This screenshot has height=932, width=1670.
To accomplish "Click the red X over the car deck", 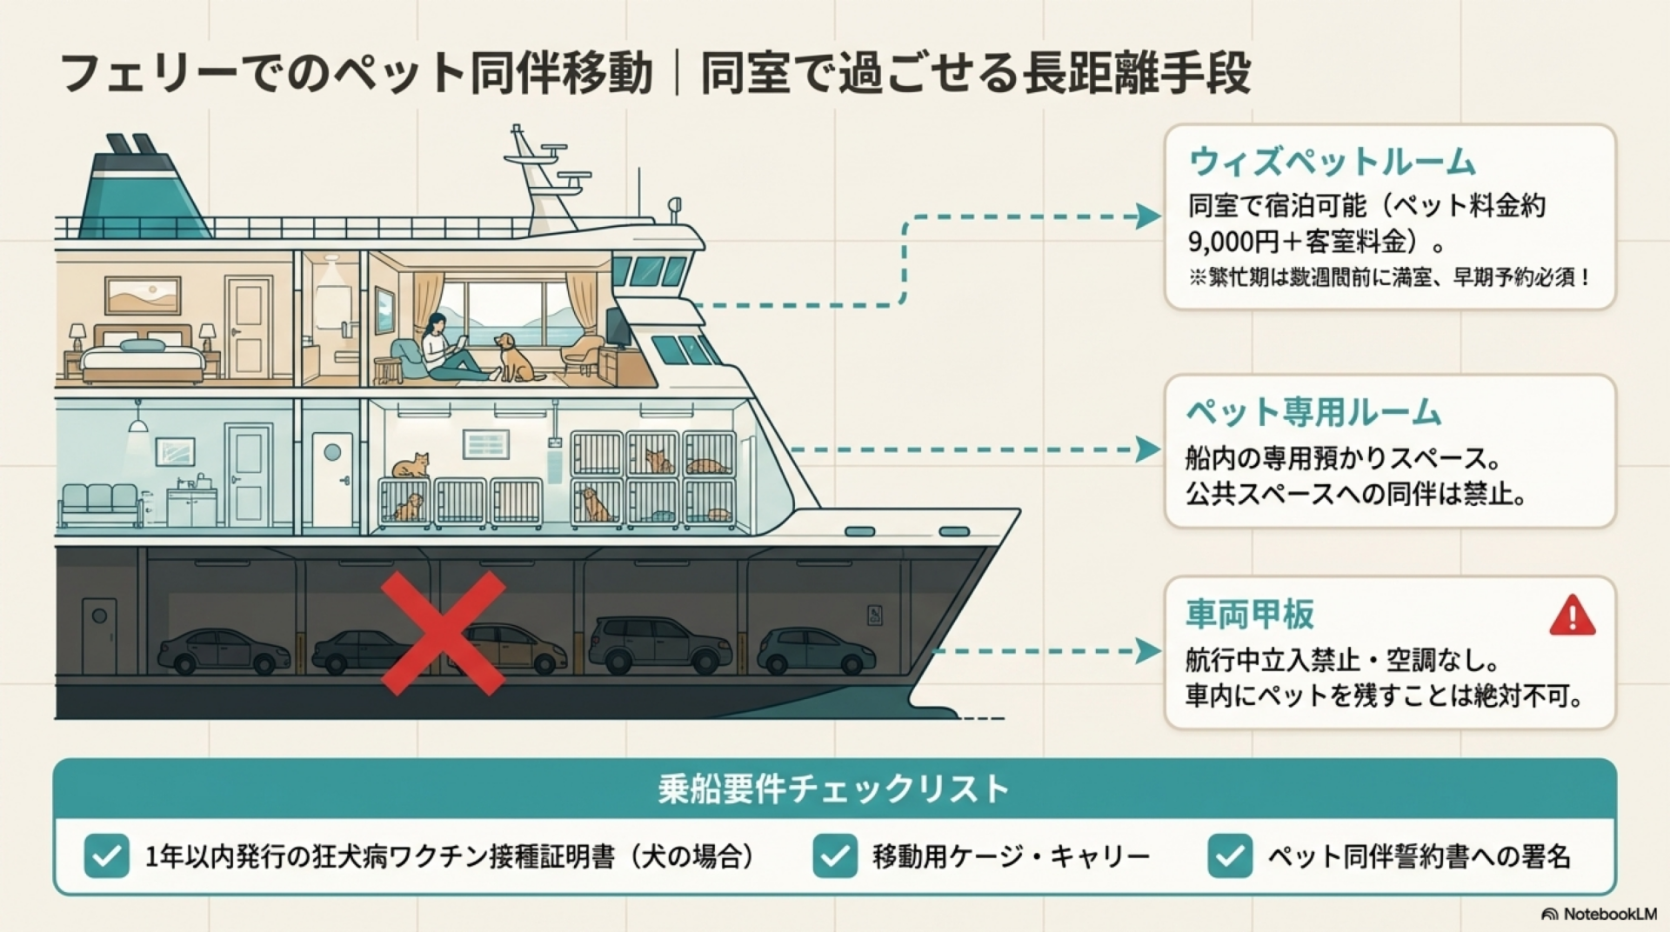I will (443, 632).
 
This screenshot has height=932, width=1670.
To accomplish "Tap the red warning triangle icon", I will (1572, 616).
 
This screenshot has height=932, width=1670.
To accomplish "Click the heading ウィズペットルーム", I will (1332, 162).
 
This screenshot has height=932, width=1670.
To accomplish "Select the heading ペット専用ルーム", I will (1313, 412).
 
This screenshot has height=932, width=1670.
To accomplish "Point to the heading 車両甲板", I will (1250, 614).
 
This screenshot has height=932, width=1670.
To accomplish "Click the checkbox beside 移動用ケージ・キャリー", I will (835, 855).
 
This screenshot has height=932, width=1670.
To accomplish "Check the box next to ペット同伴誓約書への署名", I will (1230, 855).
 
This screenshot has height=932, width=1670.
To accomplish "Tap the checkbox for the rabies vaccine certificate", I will (107, 855).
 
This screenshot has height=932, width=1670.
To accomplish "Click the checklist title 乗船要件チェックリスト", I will (833, 789).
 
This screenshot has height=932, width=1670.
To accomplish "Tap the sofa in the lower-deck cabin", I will (100, 504).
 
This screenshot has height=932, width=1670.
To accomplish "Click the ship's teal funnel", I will (139, 191).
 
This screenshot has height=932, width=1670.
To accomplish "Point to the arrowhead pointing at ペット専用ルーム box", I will (1148, 449).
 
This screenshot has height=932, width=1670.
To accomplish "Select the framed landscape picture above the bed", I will (143, 296).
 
